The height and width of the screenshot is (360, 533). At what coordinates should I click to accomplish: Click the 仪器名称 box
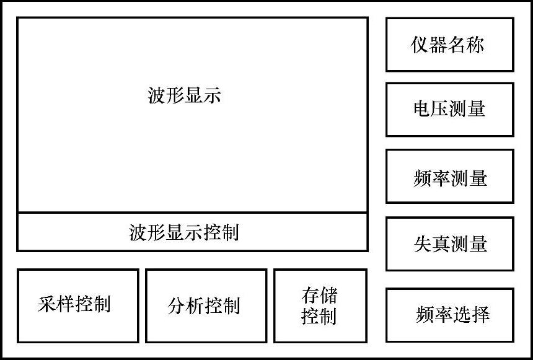[x=449, y=45]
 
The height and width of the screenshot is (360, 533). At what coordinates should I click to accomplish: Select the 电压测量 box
[x=449, y=109]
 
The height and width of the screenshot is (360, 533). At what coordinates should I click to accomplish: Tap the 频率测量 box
[x=449, y=176]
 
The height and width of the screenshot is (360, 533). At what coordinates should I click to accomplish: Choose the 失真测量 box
[x=449, y=244]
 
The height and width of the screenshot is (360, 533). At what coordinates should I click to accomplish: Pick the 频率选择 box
[x=449, y=315]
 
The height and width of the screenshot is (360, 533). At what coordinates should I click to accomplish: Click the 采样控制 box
[x=77, y=305]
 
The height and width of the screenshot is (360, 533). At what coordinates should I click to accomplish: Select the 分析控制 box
[x=206, y=305]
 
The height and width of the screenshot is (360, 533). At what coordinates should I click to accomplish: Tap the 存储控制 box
[x=320, y=305]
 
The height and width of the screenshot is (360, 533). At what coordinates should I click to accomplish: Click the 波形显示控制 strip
[x=192, y=232]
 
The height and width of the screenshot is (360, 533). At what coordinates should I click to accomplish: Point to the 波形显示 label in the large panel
[x=184, y=95]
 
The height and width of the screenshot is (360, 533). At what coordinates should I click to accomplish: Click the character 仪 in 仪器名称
[x=420, y=45]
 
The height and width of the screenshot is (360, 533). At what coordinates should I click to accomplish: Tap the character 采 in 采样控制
[x=46, y=304]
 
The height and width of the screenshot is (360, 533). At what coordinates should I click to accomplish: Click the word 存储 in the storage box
[x=320, y=295]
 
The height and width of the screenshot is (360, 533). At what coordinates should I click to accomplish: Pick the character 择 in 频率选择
[x=480, y=315]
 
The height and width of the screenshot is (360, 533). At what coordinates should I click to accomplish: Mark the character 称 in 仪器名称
[x=475, y=45]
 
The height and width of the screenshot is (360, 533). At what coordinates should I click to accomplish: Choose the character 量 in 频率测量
[x=478, y=178]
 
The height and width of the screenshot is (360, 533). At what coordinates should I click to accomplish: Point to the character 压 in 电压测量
[x=440, y=109]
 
